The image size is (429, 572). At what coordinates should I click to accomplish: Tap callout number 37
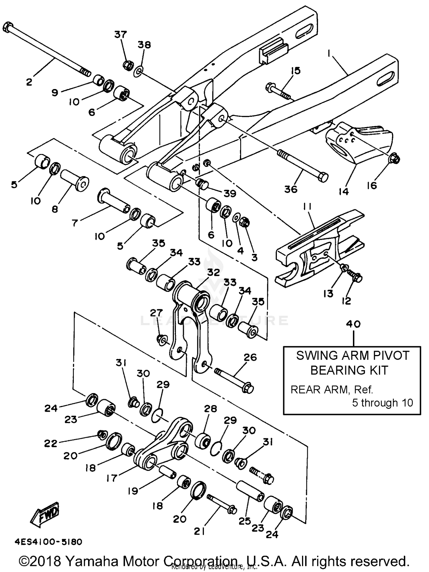pos(121,35)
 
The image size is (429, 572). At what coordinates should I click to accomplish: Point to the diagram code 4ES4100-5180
pos(48,542)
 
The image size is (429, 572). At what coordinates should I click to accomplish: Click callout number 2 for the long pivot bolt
pos(29,82)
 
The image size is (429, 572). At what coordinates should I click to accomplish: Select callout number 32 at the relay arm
pos(213,272)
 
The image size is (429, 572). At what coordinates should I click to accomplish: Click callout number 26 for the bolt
pos(250,357)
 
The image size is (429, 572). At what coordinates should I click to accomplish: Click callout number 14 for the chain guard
pos(344,191)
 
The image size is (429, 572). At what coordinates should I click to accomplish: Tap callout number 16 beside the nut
pos(372,185)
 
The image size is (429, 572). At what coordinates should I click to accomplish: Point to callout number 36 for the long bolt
pos(291,189)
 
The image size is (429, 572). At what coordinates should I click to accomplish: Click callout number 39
pos(230,194)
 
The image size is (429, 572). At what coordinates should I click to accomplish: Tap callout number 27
pos(156,313)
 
